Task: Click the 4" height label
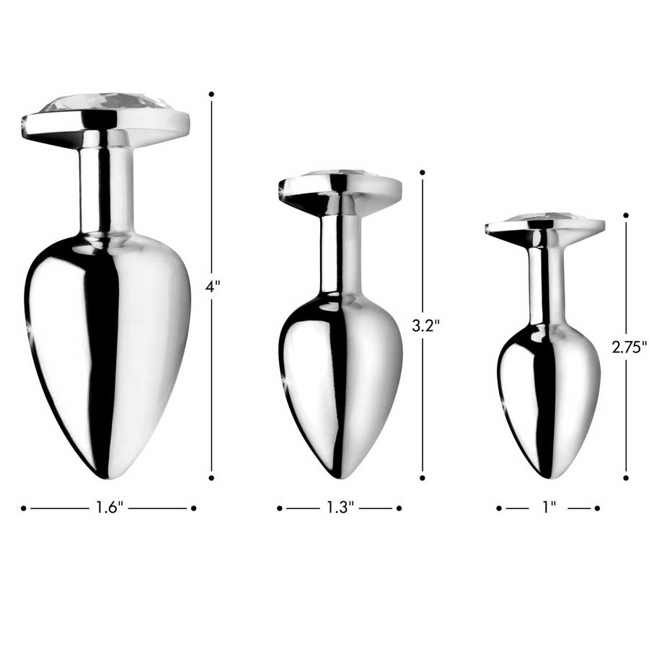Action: click(x=212, y=286)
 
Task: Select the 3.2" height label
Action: click(x=425, y=325)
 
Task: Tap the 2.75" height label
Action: click(x=629, y=346)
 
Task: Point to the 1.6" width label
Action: click(x=110, y=508)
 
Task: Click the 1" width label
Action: click(x=549, y=508)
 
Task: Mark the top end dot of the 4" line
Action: click(x=211, y=94)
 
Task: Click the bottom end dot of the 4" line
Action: click(x=211, y=477)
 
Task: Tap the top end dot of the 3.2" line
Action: click(x=423, y=173)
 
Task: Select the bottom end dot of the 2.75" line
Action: click(x=626, y=477)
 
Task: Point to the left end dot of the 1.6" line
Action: click(x=23, y=508)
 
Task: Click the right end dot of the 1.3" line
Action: click(x=399, y=508)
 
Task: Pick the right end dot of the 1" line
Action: click(x=597, y=508)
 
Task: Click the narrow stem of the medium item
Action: click(x=340, y=249)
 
